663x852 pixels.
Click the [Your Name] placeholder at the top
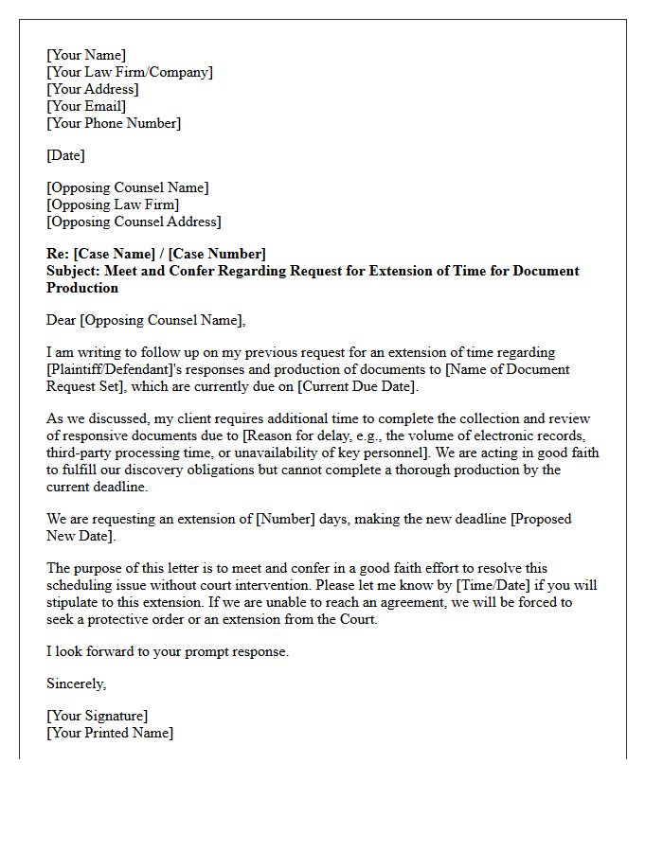86,55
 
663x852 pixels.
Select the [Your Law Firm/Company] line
130,72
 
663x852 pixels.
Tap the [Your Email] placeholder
86,106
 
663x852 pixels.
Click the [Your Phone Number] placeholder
114,123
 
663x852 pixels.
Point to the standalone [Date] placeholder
65,155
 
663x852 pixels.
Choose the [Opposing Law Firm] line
113,204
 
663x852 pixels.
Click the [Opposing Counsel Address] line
134,222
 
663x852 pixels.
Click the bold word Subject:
74,271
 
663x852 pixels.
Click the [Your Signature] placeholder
98,716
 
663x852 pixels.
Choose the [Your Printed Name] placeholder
110,733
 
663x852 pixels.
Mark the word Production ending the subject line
82,288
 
